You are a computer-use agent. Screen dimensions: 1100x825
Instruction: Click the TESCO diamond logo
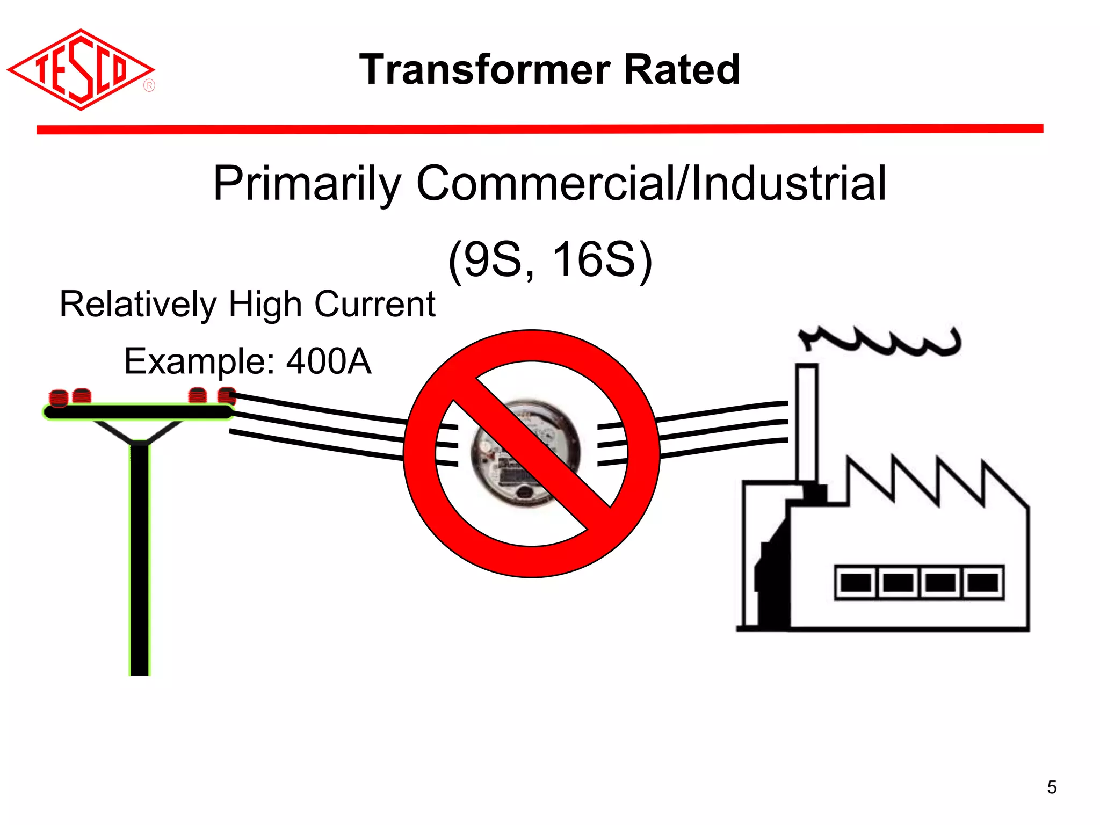coord(81,70)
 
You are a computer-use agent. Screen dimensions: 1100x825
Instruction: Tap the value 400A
coord(329,361)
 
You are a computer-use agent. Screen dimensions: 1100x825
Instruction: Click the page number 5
coord(1052,787)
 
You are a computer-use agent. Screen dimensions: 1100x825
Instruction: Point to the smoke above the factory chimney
coord(881,341)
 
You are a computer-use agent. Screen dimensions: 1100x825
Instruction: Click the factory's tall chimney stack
coord(807,424)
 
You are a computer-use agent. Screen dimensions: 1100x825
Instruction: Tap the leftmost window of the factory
coord(855,582)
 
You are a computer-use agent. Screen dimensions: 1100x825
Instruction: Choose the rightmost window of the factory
coord(982,582)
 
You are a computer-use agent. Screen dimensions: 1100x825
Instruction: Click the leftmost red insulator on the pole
coord(58,398)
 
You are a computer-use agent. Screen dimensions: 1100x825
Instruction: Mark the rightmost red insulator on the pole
coord(227,396)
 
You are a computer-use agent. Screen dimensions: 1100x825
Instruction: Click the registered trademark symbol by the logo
coord(149,86)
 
